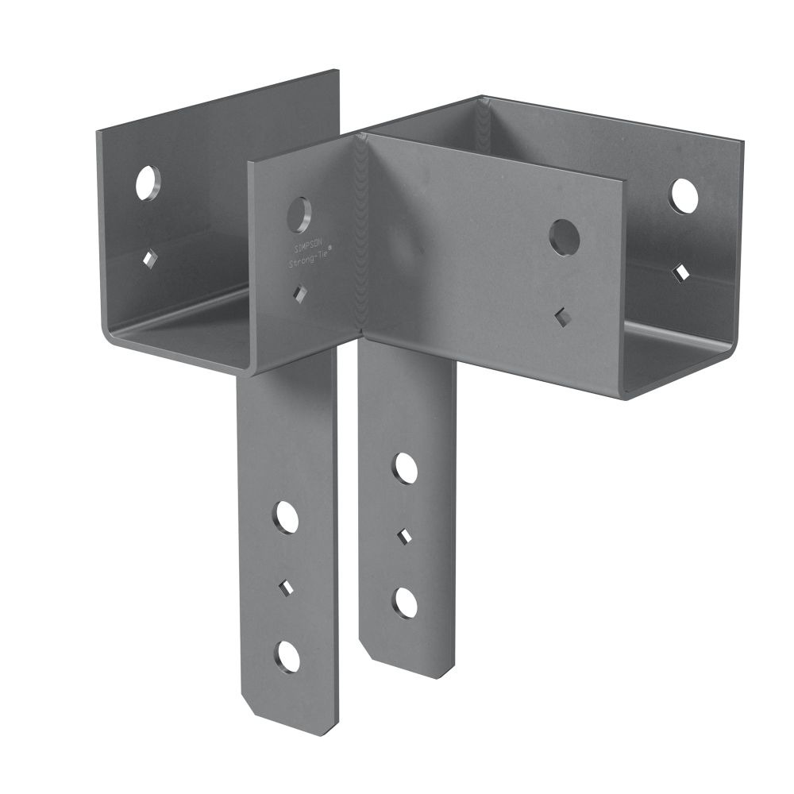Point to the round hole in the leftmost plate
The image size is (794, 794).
(x=146, y=183)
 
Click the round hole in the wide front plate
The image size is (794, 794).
(x=564, y=237)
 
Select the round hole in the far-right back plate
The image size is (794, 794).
(x=683, y=196)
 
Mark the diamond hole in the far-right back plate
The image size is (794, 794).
(x=681, y=272)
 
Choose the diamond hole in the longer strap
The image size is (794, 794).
(x=286, y=588)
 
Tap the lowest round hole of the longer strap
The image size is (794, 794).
(x=287, y=657)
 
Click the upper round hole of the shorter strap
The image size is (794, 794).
(x=406, y=468)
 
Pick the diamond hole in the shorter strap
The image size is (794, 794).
(x=404, y=537)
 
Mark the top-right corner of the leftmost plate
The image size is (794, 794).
(x=337, y=72)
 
